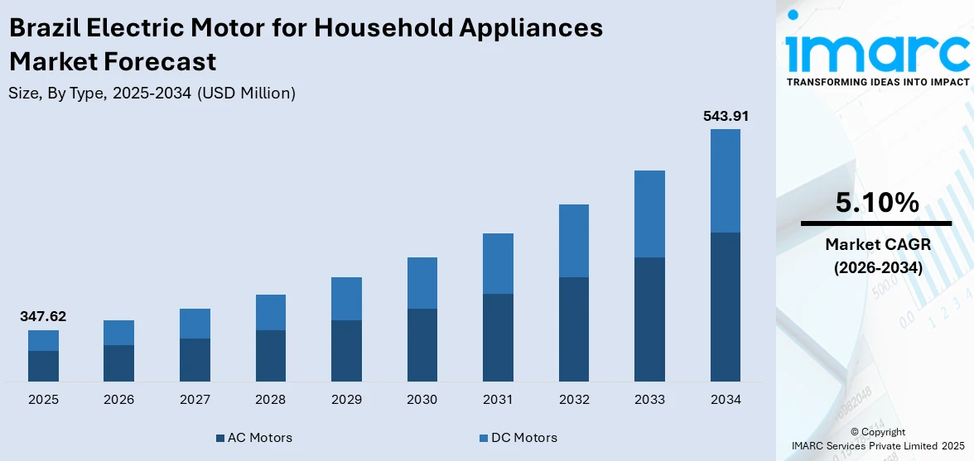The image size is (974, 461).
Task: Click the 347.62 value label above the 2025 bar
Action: (x=43, y=316)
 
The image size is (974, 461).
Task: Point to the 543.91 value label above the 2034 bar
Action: (x=726, y=116)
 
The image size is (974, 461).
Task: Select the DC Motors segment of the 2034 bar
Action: (x=726, y=180)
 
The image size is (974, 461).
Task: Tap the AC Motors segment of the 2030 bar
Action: (x=422, y=344)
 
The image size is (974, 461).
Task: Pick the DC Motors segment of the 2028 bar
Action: (x=271, y=312)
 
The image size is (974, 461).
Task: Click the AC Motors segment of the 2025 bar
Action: (x=43, y=366)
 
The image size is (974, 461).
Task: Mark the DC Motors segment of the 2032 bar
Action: (x=574, y=240)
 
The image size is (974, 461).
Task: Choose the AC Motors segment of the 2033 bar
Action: (x=650, y=319)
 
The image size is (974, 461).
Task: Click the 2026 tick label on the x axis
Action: (x=119, y=400)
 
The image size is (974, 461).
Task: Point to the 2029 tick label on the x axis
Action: (x=346, y=400)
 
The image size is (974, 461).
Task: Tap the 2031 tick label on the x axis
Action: (x=498, y=400)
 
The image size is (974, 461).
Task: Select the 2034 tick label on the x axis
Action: (x=726, y=400)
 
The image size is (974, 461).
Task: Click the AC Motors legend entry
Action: (x=253, y=437)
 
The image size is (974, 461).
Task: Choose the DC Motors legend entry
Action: (x=518, y=437)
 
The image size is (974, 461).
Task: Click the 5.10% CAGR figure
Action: (x=876, y=202)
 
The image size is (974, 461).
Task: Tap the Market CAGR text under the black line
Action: (x=876, y=244)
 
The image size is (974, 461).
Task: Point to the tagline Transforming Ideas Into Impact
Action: (x=877, y=82)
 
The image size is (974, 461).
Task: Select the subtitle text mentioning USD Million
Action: (x=152, y=94)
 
